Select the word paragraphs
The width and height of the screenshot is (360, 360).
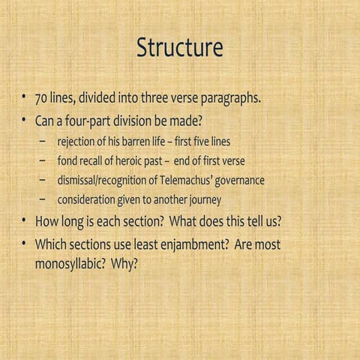[228, 100]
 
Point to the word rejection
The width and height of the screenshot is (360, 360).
[79, 141]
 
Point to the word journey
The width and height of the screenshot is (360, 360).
[198, 199]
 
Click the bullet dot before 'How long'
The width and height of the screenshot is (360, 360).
[25, 221]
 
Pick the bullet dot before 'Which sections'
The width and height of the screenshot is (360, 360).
[25, 244]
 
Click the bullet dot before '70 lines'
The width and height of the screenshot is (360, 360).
[25, 99]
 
